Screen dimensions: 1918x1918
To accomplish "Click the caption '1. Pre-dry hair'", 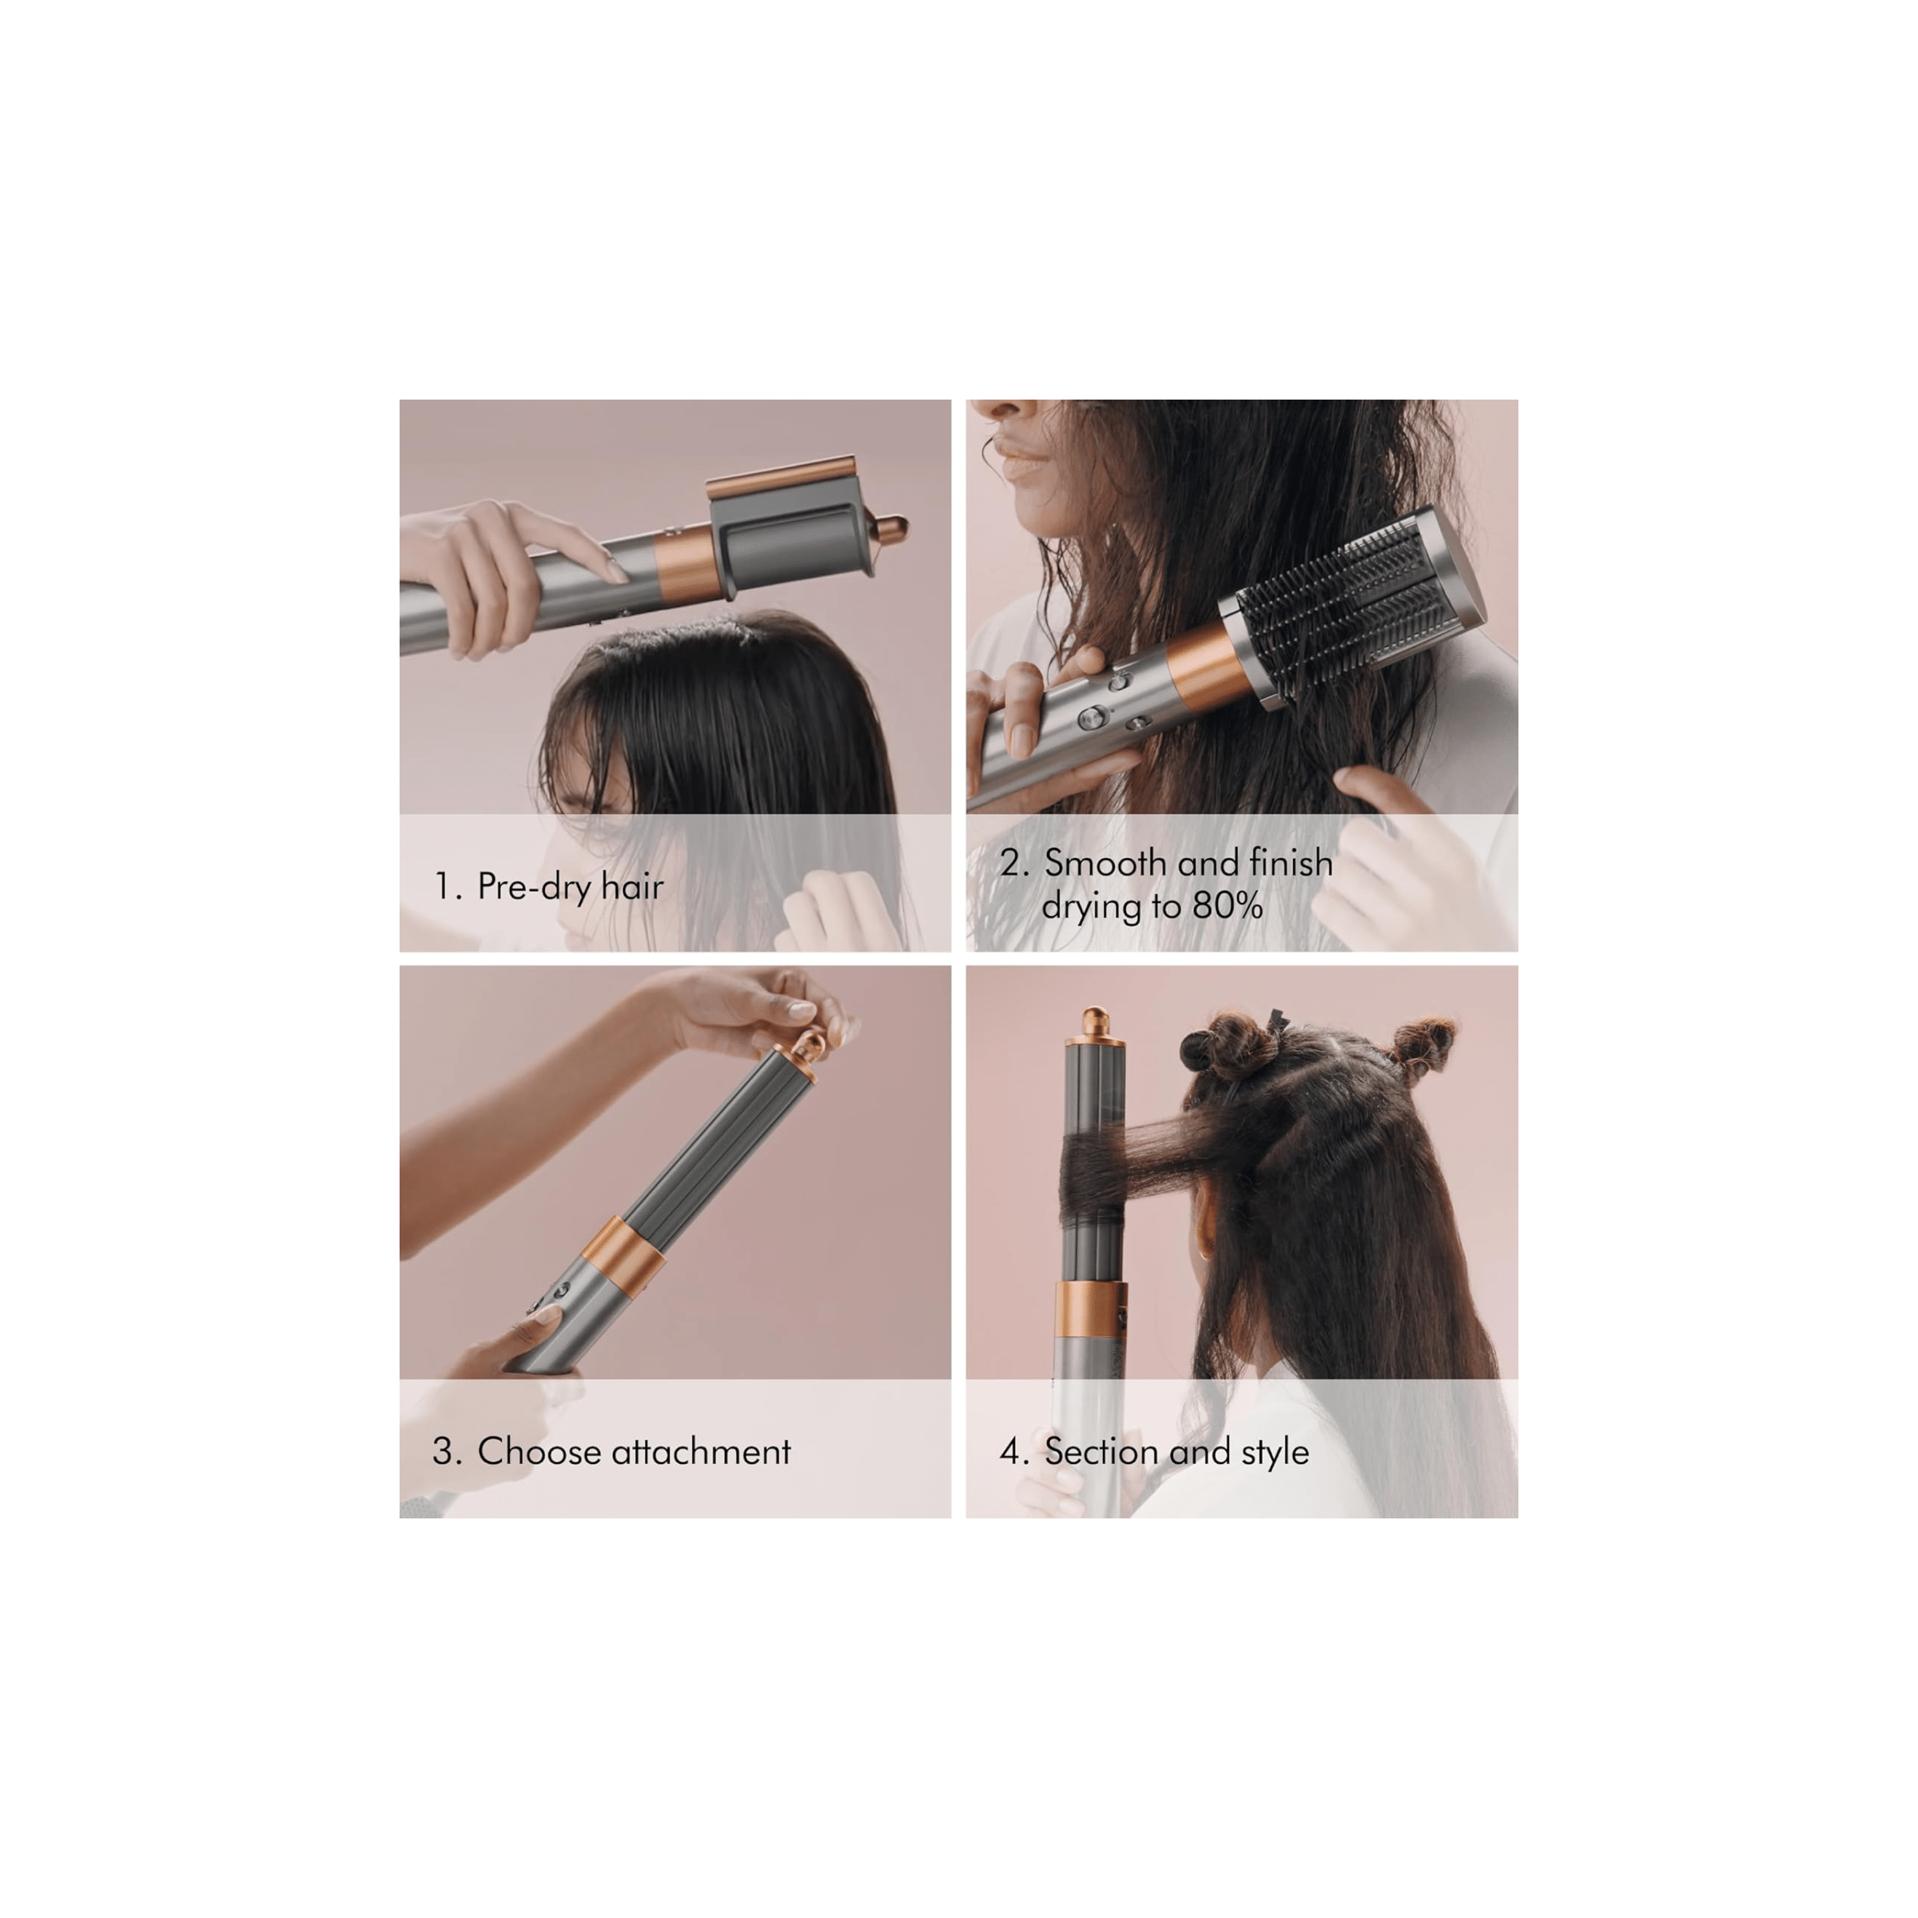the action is click(x=549, y=886).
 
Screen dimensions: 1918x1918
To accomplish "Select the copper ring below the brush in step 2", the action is click(x=1208, y=667).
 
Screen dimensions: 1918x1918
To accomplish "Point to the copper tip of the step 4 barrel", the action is click(x=1095, y=1023).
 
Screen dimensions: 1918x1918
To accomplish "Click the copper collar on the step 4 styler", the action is click(x=1091, y=1308).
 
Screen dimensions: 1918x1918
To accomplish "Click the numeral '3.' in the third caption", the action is click(x=447, y=1452).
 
